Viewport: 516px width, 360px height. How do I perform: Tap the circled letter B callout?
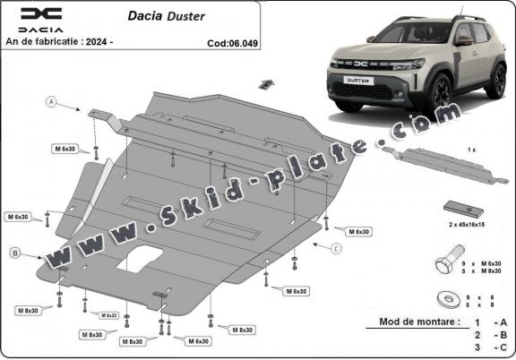(x=15, y=253)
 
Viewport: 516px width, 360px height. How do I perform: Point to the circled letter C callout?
(x=336, y=248)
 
